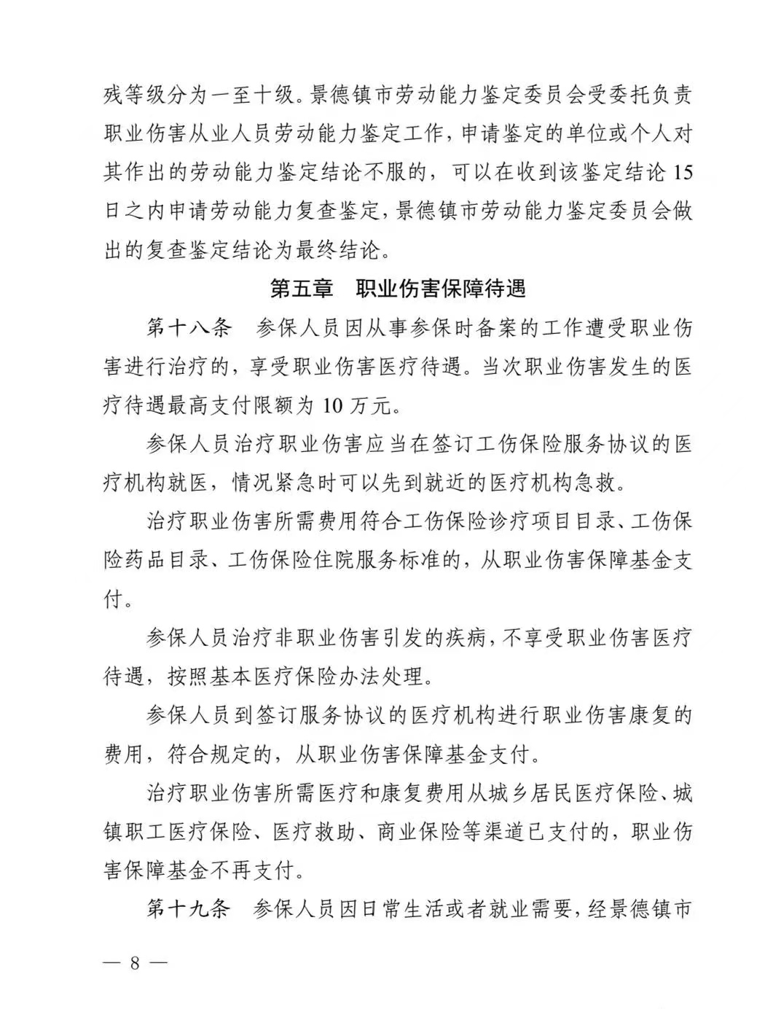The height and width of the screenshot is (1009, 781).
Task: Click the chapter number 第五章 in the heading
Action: click(x=302, y=289)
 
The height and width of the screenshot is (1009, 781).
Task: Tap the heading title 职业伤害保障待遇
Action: click(x=441, y=289)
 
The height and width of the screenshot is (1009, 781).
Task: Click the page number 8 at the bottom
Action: click(x=134, y=962)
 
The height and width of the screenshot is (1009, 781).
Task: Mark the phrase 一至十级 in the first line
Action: click(x=243, y=95)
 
